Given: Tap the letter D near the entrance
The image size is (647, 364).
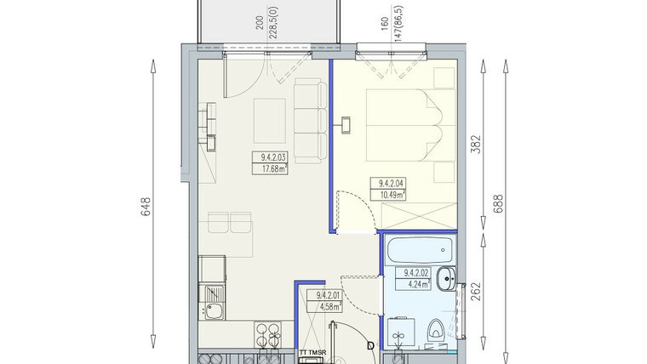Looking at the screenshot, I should [x=369, y=346].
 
